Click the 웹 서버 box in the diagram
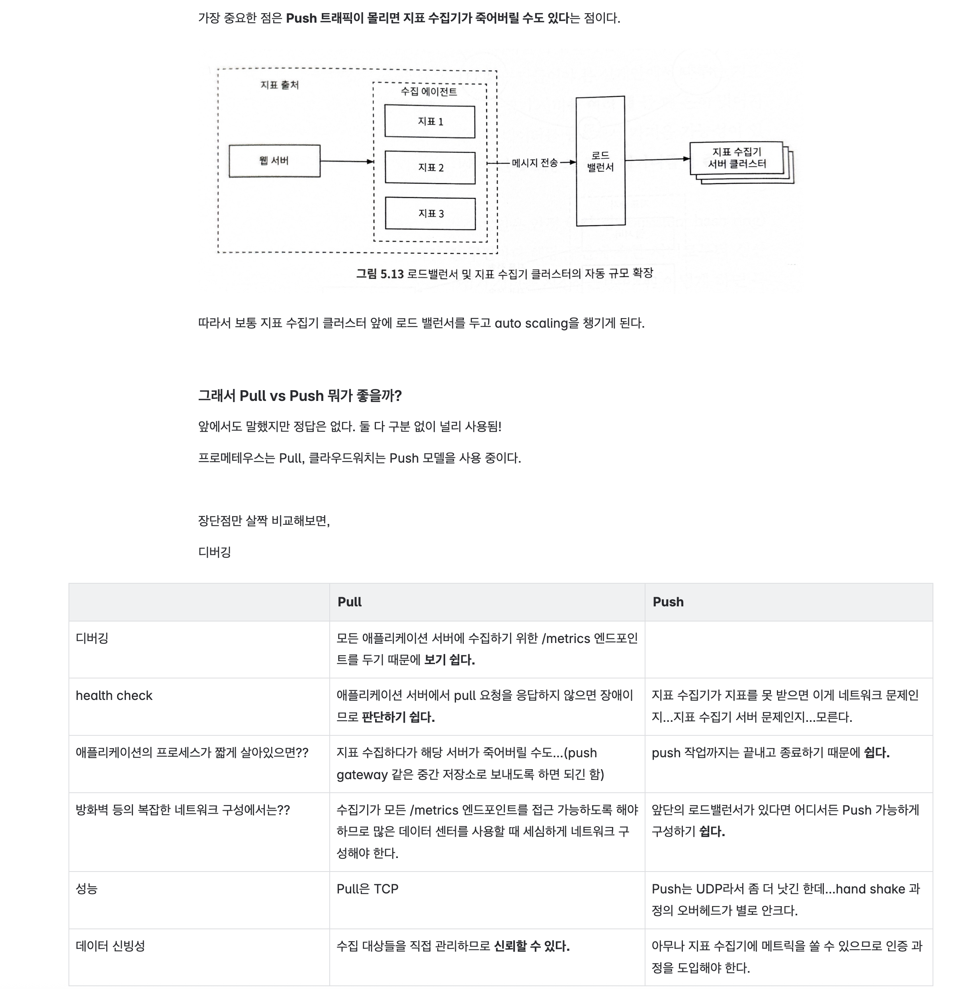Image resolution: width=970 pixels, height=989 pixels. tap(274, 161)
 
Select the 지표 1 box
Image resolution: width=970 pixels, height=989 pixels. tap(430, 121)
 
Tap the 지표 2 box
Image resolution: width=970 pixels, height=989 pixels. tap(430, 168)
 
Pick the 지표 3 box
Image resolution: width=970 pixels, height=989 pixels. tap(430, 213)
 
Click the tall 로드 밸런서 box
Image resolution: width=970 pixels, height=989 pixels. tap(600, 161)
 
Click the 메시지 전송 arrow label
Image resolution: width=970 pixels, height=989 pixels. tap(534, 163)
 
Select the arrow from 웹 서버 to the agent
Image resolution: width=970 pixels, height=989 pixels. tap(346, 161)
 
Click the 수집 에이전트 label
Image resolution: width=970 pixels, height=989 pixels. tap(428, 92)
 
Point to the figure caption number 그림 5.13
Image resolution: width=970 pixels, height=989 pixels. tap(379, 274)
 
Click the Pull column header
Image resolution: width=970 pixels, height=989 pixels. tap(350, 602)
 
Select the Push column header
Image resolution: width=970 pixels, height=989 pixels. tap(668, 602)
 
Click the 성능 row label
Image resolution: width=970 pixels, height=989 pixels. tap(87, 889)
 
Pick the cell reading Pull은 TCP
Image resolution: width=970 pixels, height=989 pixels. tap(367, 889)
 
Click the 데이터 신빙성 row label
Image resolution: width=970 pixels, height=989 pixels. tap(110, 946)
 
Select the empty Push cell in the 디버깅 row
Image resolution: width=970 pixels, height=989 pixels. tap(788, 649)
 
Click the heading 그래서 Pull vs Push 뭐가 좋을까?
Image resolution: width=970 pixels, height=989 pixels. tap(299, 396)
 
